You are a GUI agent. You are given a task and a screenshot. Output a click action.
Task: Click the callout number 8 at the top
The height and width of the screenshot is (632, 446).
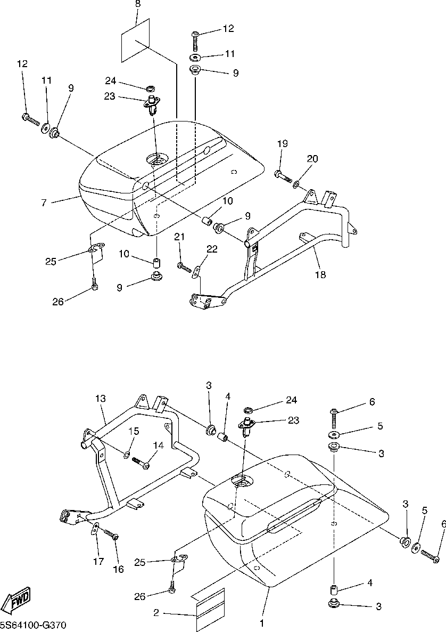(x=138, y=4)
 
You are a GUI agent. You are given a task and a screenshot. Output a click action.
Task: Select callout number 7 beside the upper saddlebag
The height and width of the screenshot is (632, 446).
(x=44, y=202)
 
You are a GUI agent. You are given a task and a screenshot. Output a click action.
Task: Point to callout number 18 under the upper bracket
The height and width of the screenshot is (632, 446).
(x=320, y=274)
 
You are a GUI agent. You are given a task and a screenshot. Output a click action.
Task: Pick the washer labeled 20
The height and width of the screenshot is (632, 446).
(x=296, y=184)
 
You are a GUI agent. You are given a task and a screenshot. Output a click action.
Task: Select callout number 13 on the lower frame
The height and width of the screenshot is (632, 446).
(x=101, y=399)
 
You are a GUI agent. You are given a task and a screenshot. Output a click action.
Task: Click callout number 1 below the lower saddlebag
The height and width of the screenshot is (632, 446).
(x=261, y=622)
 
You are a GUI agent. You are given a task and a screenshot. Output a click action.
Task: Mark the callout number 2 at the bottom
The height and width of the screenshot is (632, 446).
(x=156, y=613)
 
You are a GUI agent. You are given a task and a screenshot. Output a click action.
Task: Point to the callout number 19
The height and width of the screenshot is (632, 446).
(x=282, y=143)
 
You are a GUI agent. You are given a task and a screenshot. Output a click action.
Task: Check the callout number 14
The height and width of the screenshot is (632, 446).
(x=158, y=445)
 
